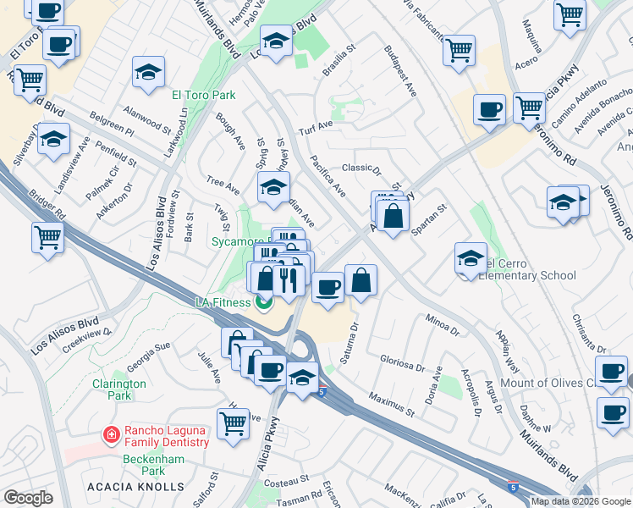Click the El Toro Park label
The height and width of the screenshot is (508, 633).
click(x=204, y=95)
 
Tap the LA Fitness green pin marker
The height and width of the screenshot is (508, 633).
click(x=264, y=301)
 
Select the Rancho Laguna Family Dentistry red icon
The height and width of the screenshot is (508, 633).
click(x=110, y=435)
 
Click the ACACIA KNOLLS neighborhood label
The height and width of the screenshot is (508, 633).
click(x=135, y=487)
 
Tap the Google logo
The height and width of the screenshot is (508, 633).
click(x=28, y=498)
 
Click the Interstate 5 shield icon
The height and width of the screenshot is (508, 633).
click(x=322, y=391)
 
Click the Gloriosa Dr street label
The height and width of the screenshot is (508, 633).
click(x=403, y=363)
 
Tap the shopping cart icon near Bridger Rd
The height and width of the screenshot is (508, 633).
click(x=47, y=236)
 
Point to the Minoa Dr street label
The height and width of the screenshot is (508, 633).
click(x=443, y=324)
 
